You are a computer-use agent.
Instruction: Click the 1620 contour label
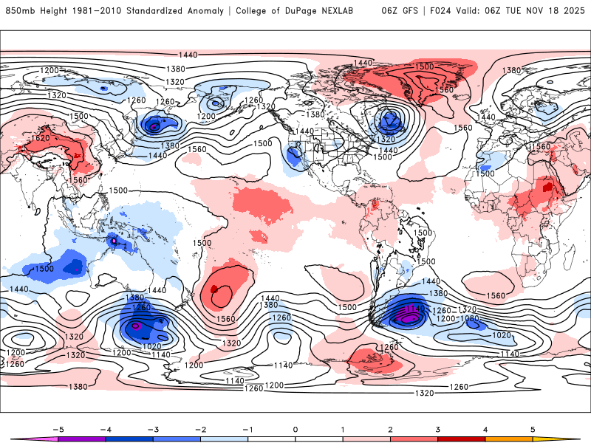click(40, 138)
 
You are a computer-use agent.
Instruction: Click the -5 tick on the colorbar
click(56, 428)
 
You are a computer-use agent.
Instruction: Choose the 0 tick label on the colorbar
click(295, 428)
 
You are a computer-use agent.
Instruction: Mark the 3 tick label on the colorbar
click(438, 428)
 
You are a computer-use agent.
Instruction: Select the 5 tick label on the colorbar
click(533, 428)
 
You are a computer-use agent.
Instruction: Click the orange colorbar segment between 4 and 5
click(510, 439)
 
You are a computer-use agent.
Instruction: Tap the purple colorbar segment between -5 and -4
click(81, 439)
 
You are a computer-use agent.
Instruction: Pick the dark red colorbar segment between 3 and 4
click(462, 439)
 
